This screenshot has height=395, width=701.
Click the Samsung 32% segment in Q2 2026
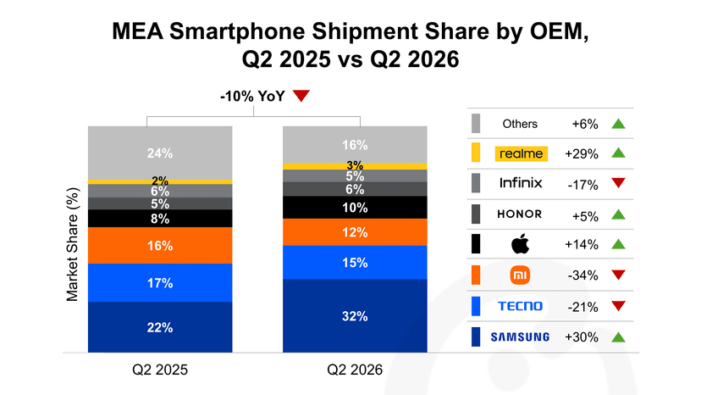pos(355,315)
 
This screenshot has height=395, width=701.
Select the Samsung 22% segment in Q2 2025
pos(160,327)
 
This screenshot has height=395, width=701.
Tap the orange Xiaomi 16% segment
pos(160,246)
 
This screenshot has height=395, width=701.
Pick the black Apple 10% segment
pos(355,208)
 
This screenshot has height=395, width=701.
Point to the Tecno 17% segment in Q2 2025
pos(160,283)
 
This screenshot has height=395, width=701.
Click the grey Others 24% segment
pos(160,153)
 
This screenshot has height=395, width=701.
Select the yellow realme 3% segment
pos(355,167)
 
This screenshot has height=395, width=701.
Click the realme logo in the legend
pos(522,153)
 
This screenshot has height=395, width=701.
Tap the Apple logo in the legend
pos(521,244)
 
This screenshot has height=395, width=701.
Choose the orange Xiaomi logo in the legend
pos(521,275)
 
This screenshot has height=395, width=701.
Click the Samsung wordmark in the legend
pos(520,337)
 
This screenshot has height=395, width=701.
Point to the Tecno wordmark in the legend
pos(520,306)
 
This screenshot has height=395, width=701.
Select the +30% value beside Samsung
pos(581,337)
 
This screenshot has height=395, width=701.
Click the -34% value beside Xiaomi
pos(582,275)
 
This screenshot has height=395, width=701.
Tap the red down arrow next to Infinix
pos(618,183)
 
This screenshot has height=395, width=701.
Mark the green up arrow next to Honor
pos(618,214)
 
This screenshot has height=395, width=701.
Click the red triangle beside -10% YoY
pos(301,96)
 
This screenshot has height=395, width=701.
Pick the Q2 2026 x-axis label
pos(355,370)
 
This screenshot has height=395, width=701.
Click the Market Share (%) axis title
pos(73,244)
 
